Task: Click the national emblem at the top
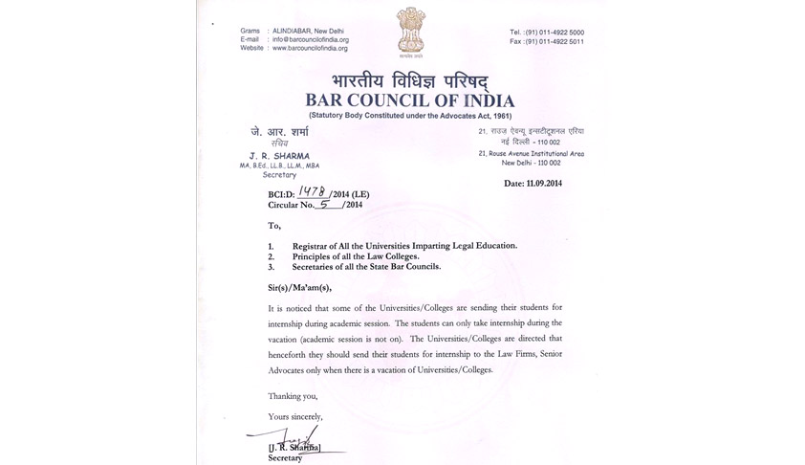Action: (410, 33)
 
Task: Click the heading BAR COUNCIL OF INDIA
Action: (409, 100)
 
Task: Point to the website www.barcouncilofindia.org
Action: (310, 48)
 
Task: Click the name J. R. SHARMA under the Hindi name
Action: (273, 156)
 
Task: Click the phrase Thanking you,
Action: (292, 395)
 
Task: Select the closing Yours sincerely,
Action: (295, 416)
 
